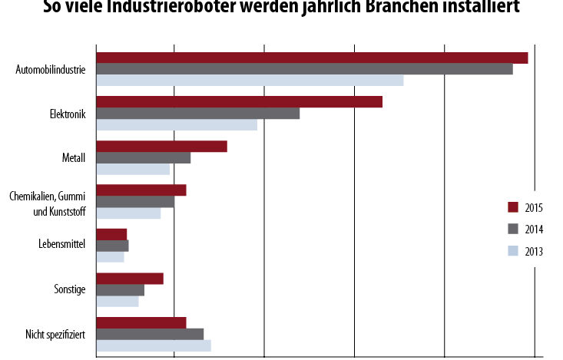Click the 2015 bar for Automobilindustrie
[311, 58]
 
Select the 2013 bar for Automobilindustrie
[250, 81]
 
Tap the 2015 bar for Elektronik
[239, 102]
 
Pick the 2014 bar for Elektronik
[197, 114]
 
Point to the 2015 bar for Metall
[161, 146]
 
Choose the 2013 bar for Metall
[133, 170]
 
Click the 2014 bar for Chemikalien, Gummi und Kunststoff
[134, 202]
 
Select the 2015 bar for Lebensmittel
[111, 234]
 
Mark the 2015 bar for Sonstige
[129, 279]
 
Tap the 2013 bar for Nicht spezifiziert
[153, 345]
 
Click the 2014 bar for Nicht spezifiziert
[150, 334]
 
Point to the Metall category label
[73, 158]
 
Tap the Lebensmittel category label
[61, 246]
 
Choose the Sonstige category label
[68, 290]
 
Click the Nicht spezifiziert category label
[55, 335]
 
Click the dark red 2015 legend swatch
[513, 207]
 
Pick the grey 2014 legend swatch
[513, 229]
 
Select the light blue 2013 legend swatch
[513, 250]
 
